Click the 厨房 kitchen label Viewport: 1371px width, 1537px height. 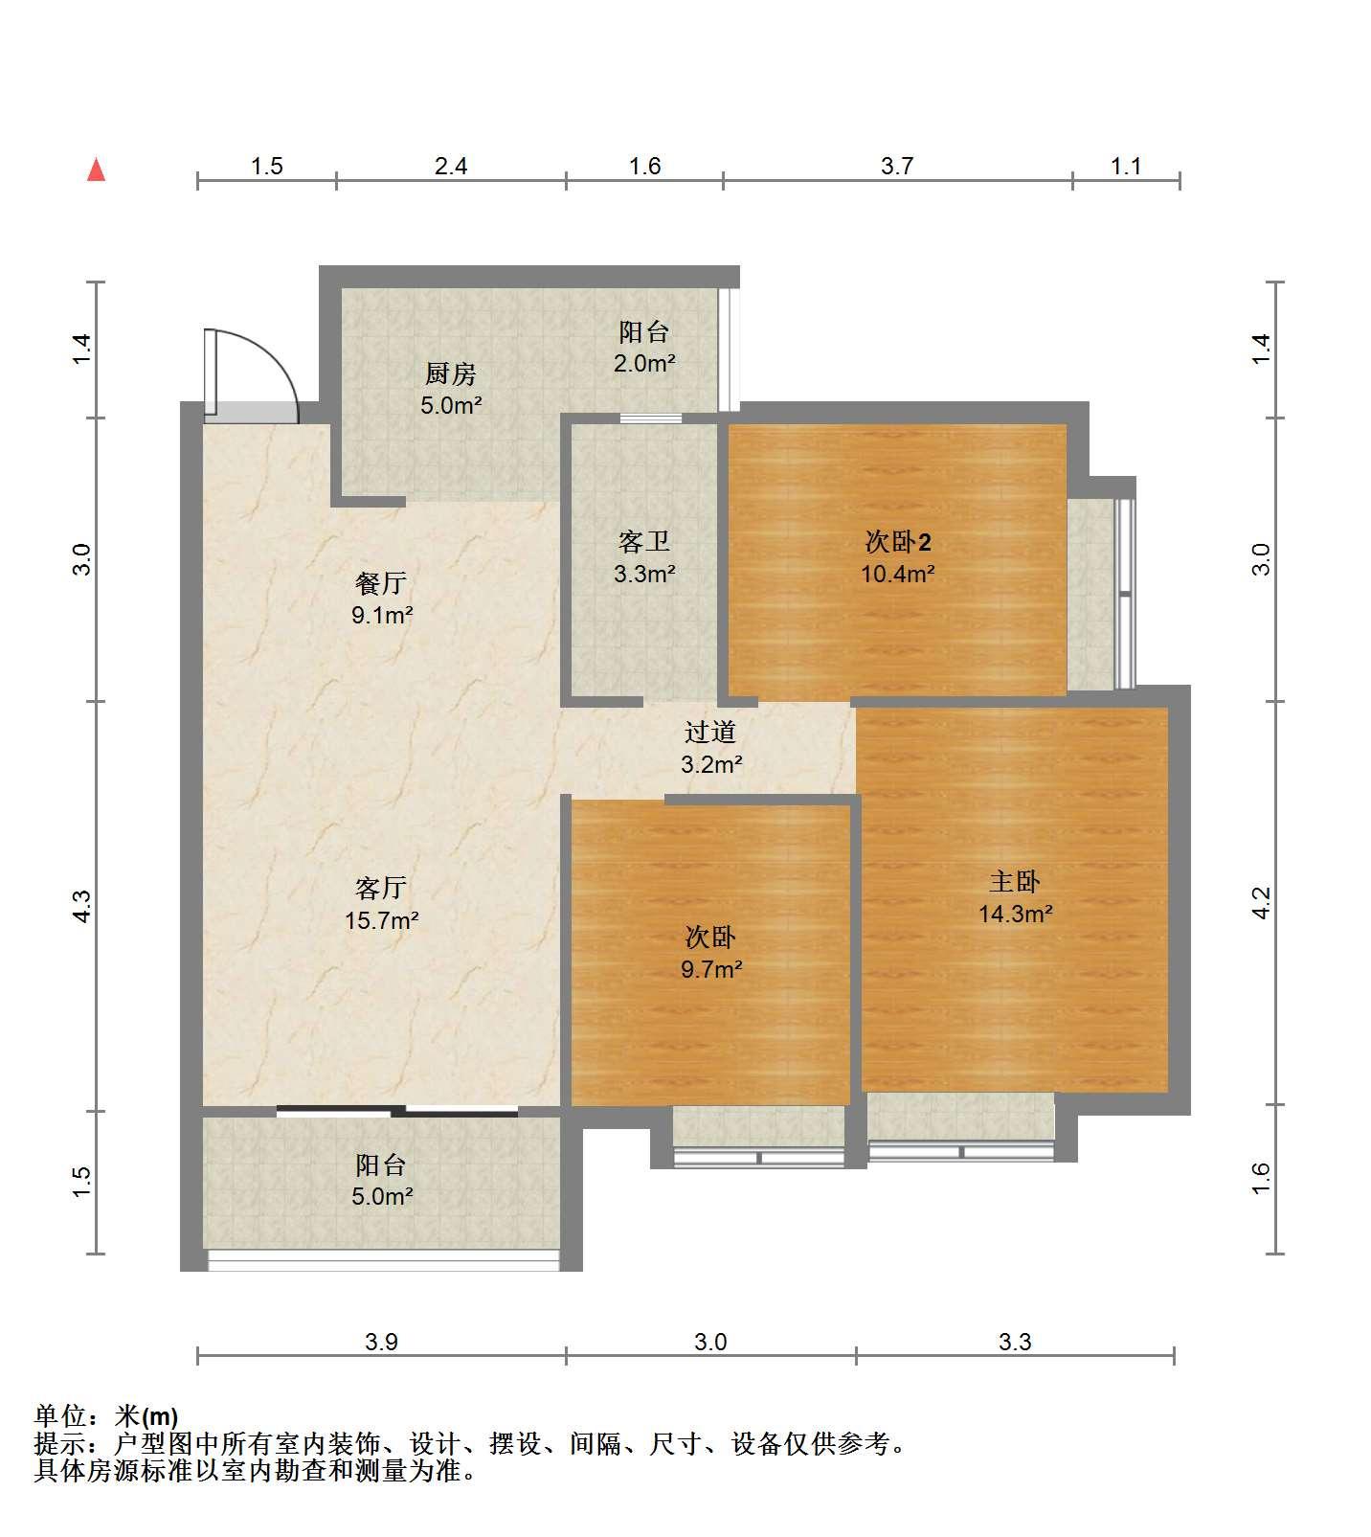point(450,373)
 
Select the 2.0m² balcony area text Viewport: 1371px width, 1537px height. point(644,364)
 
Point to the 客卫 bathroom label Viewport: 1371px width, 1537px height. point(644,542)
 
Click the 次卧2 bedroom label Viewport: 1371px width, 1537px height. point(898,542)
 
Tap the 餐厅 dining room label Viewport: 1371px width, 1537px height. point(381,582)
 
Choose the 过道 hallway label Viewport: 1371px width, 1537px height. point(710,732)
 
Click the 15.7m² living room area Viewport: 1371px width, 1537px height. point(381,921)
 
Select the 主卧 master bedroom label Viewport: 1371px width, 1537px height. point(1015,881)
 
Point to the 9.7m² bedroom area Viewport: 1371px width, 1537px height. point(711,969)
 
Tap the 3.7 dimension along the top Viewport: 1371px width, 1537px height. point(897,167)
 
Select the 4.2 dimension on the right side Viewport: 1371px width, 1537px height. point(1261,902)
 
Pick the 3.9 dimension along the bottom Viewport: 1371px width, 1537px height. point(381,1343)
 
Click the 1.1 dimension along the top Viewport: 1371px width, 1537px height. point(1126,167)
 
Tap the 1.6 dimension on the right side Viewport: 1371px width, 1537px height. point(1261,1178)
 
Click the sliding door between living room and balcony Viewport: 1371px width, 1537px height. point(397,1112)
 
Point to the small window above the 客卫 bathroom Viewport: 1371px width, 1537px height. point(651,418)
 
